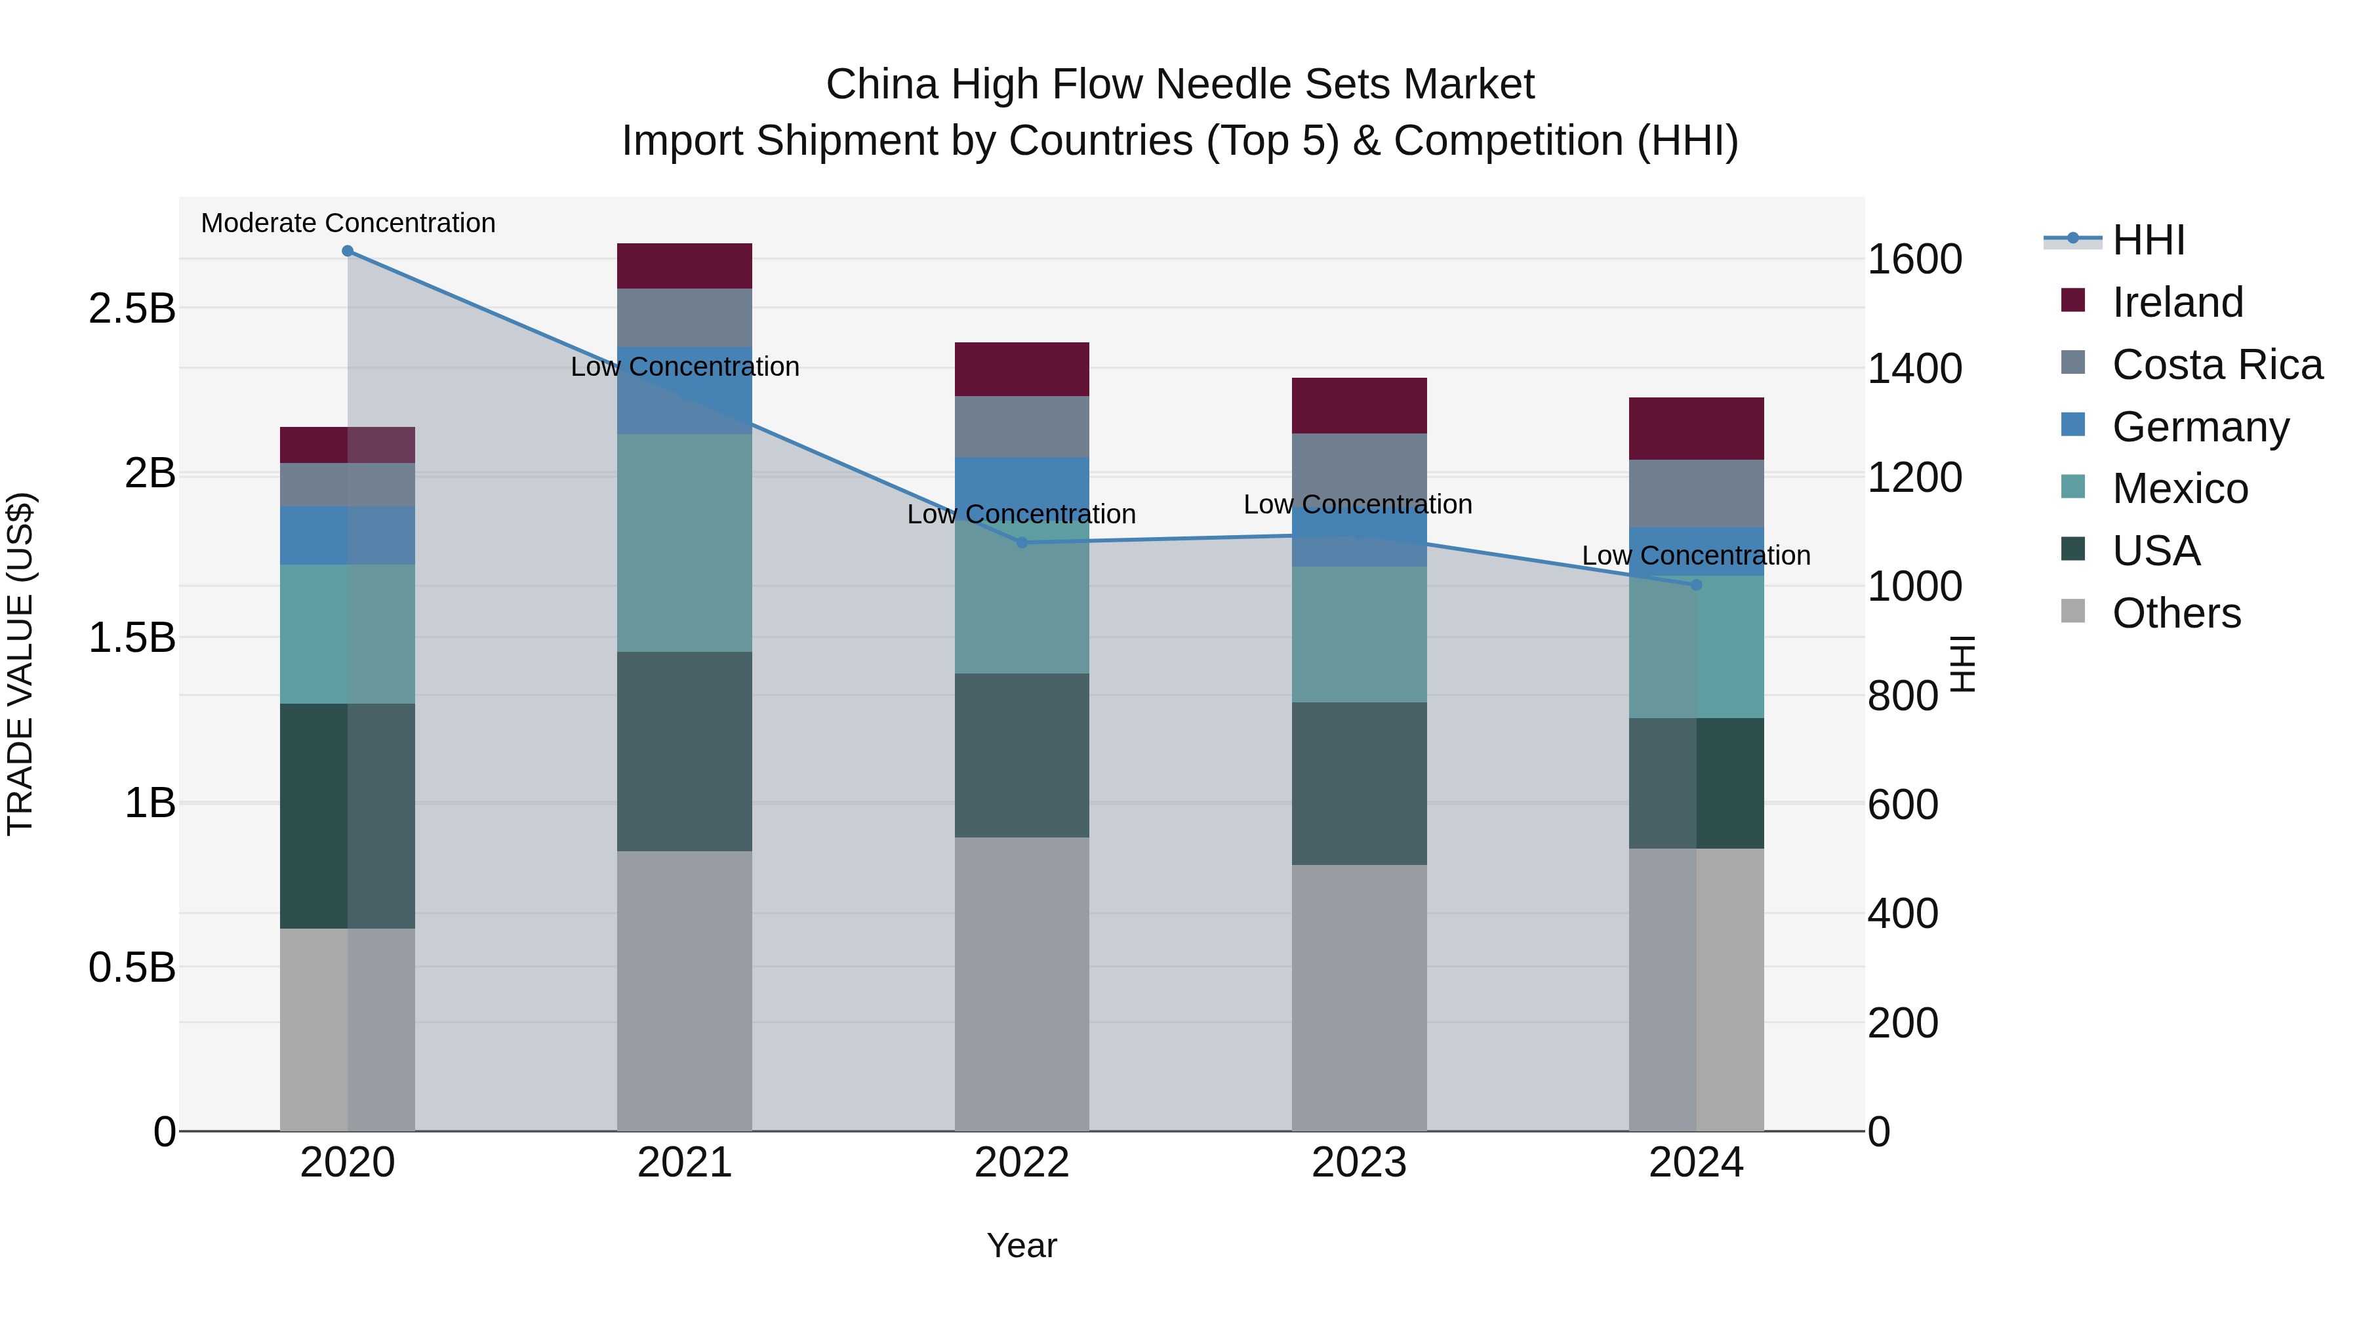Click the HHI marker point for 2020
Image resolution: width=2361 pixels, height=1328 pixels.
348,251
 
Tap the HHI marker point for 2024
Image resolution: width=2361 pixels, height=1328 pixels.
1697,585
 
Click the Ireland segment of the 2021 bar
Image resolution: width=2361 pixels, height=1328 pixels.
685,266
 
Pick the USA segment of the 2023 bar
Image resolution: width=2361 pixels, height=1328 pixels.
1360,784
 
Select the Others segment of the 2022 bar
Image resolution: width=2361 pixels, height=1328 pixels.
1022,984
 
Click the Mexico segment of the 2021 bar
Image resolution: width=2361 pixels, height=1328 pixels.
685,542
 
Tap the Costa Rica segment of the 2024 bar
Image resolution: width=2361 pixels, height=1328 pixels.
1697,494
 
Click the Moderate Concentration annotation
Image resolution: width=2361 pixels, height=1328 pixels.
348,224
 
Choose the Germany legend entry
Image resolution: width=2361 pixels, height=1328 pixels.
2200,427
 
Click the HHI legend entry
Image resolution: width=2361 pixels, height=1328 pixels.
2147,240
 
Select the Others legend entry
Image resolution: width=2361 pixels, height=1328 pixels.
2176,613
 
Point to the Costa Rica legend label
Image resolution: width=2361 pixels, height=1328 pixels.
2217,365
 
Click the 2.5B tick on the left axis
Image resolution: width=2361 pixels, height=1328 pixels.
132,309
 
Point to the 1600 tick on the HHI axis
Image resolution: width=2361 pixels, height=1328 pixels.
1914,259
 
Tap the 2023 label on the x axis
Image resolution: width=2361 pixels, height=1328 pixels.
1360,1163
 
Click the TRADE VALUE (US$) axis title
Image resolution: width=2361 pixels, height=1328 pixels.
20,664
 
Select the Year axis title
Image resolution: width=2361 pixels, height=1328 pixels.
1022,1245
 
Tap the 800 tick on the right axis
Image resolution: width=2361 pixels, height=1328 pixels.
1903,696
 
